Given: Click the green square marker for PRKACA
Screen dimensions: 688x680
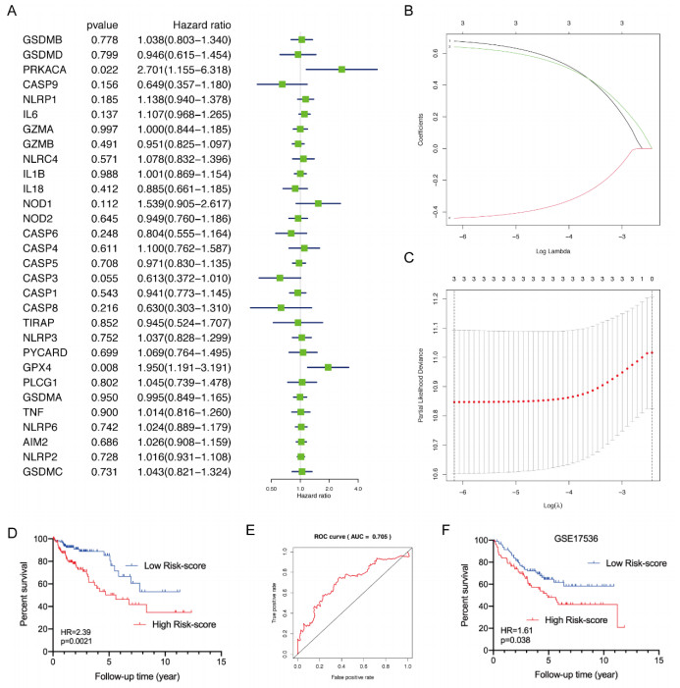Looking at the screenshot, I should point(341,70).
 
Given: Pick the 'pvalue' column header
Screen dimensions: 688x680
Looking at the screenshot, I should point(104,21).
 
